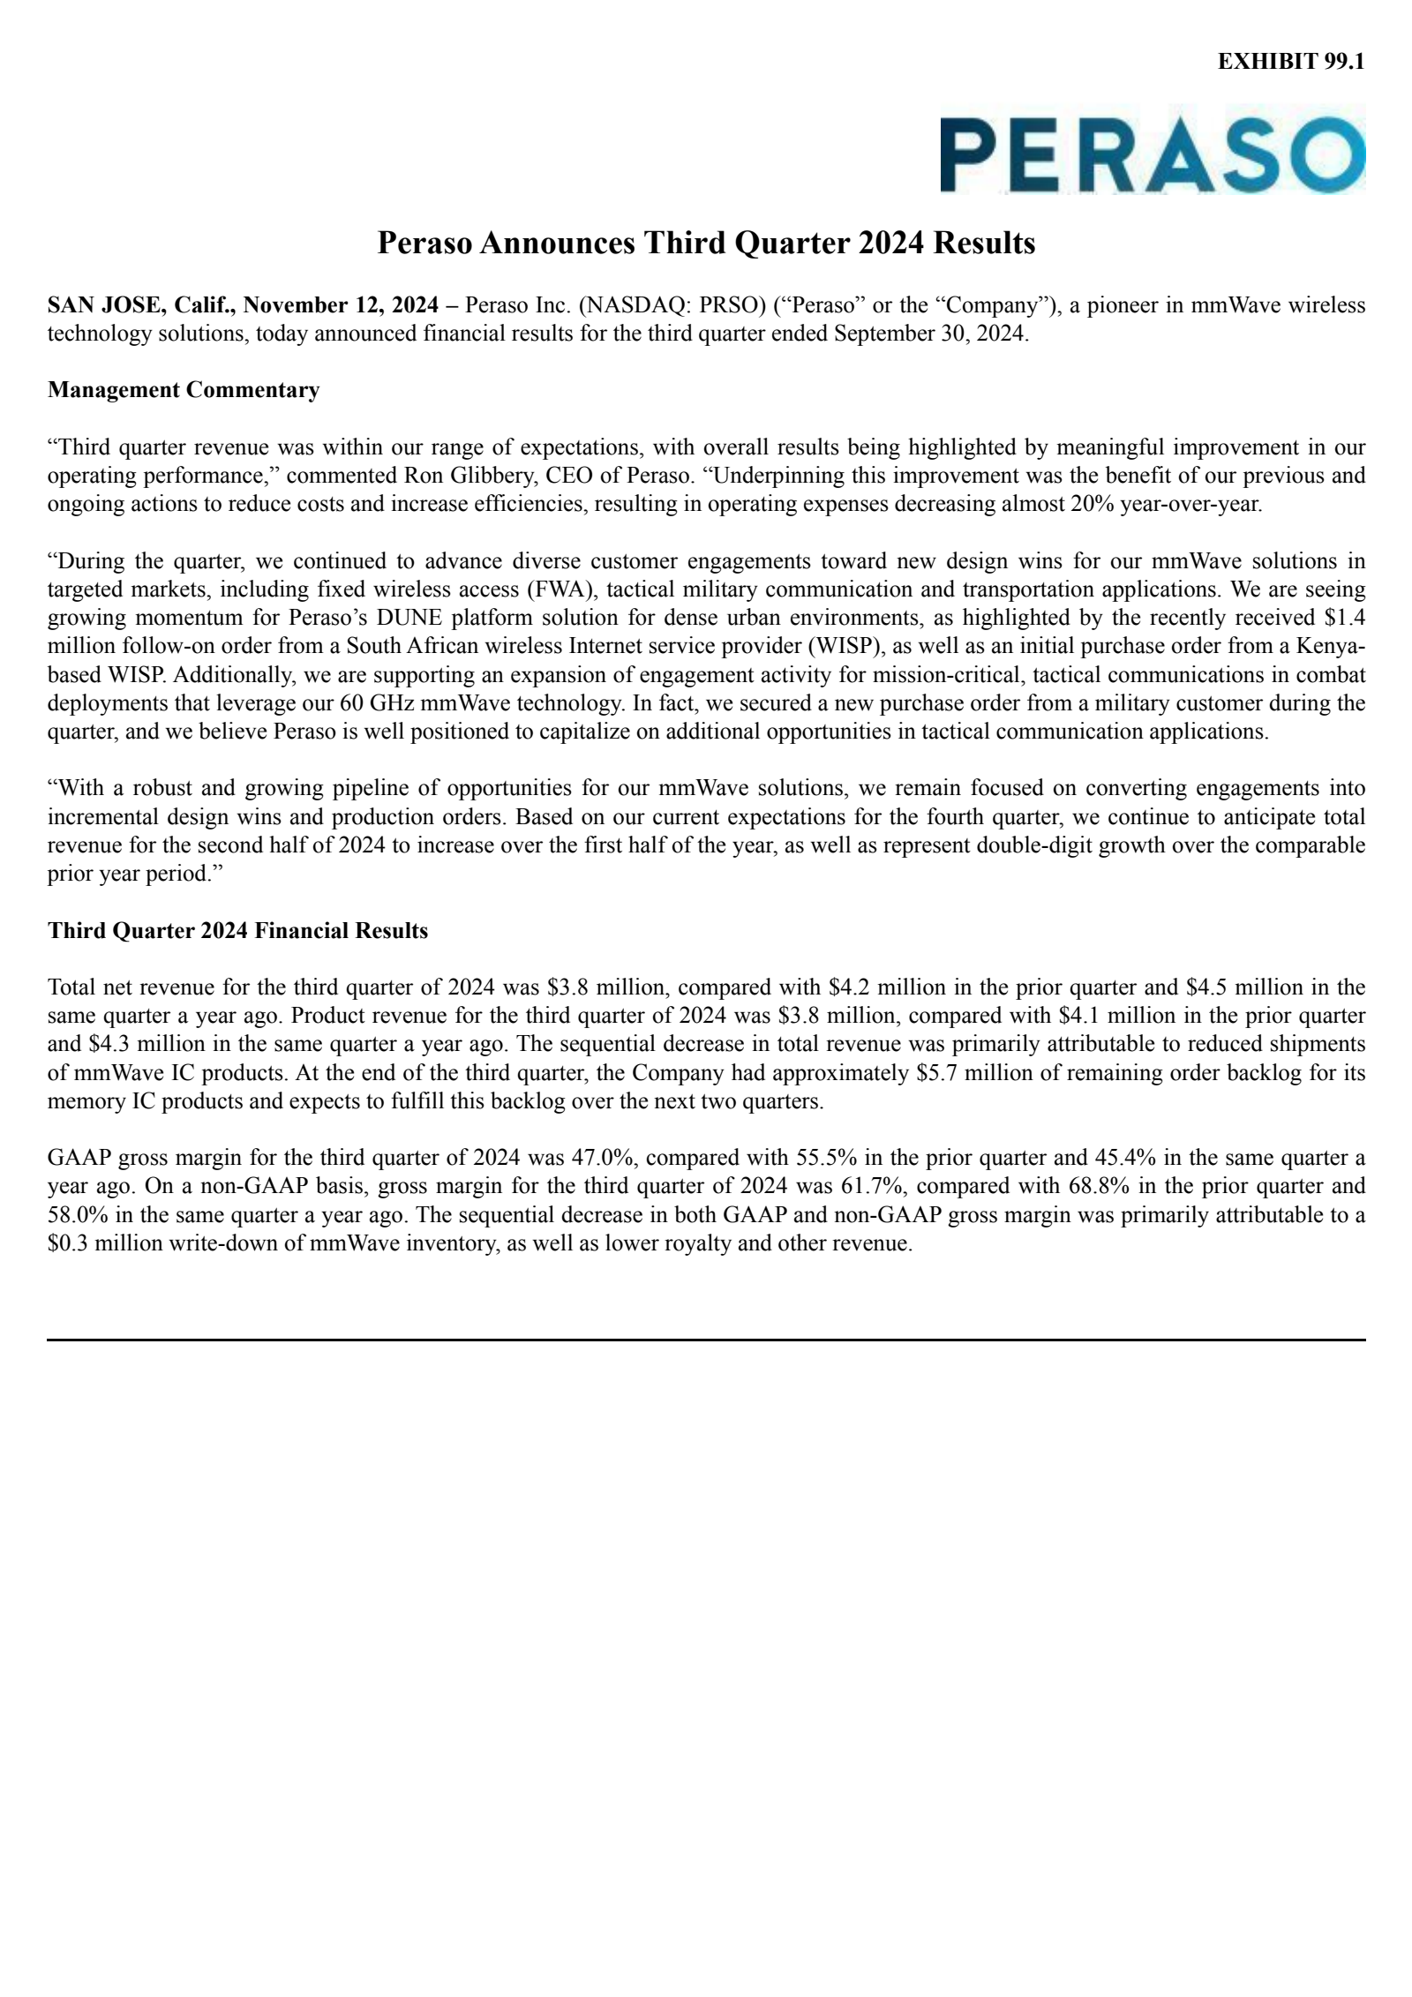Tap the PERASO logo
point(1152,154)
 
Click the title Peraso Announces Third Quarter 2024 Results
point(706,243)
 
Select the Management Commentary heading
point(184,390)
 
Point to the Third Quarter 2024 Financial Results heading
point(237,930)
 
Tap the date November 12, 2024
point(341,306)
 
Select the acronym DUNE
point(405,618)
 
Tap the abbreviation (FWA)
point(560,589)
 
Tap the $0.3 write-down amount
point(68,1243)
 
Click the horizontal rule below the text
point(706,1340)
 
